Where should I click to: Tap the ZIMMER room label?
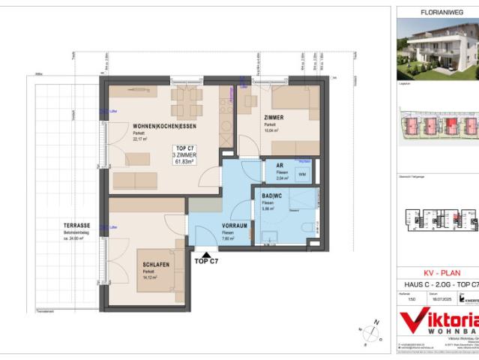pos(274,118)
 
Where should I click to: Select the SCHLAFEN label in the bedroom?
pos(156,264)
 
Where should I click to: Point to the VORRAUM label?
pos(235,226)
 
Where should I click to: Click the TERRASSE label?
pos(77,225)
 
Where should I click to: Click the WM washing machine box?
pos(301,174)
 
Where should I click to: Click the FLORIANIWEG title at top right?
pos(437,12)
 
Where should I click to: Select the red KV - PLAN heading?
pos(438,273)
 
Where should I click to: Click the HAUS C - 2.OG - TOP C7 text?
pos(438,286)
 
